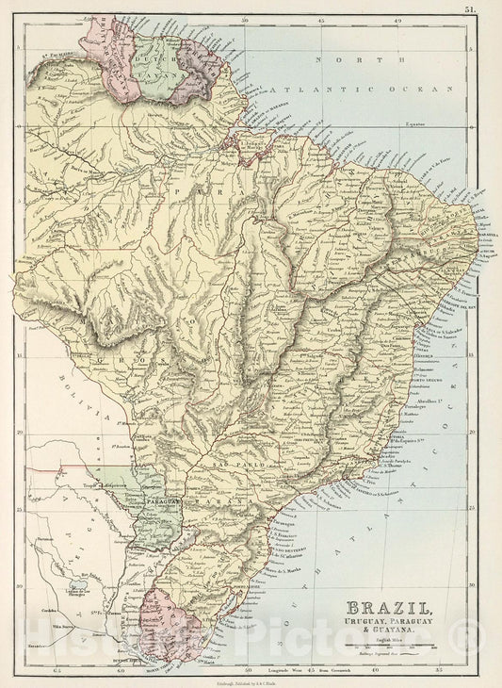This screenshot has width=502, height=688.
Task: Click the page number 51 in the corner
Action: click(x=494, y=9)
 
